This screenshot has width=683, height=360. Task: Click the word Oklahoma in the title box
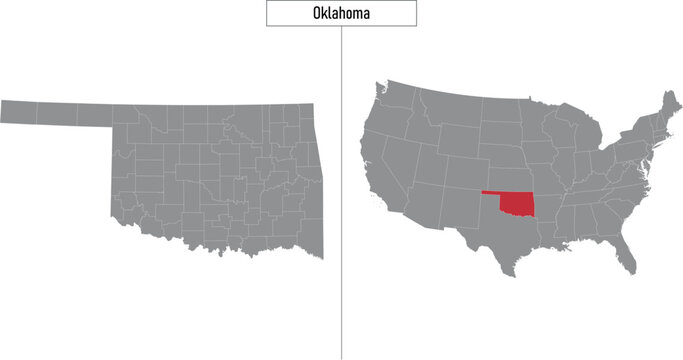(341, 13)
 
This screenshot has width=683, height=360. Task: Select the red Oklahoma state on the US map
(520, 205)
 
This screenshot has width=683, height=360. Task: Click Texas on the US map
(500, 240)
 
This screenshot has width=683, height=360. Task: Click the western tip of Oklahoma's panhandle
(3, 111)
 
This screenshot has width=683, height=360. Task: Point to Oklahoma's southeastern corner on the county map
(321, 256)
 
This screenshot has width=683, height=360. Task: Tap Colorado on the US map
(460, 165)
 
